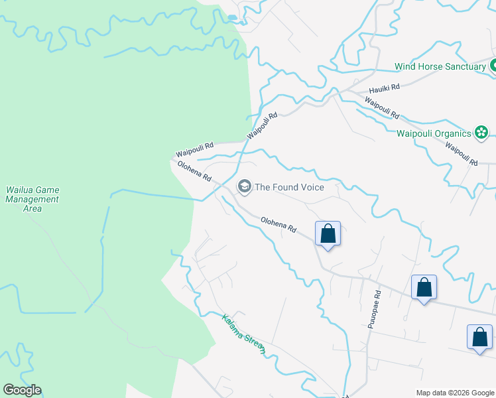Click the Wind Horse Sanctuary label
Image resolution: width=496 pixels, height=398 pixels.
(x=440, y=66)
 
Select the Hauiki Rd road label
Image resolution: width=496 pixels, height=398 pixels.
(x=385, y=88)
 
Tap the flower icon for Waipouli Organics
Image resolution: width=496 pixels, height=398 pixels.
(x=482, y=133)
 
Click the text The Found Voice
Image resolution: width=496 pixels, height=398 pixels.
(x=290, y=187)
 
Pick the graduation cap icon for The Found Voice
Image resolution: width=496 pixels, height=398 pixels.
(x=245, y=187)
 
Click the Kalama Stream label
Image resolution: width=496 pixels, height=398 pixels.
(x=243, y=334)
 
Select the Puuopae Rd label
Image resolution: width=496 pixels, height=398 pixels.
(x=375, y=309)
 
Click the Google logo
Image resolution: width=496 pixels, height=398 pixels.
(x=22, y=390)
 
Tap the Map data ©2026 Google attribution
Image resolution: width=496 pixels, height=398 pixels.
(x=454, y=393)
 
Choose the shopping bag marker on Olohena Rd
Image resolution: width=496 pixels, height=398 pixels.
(x=328, y=233)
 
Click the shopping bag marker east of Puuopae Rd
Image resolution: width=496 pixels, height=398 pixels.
(x=424, y=287)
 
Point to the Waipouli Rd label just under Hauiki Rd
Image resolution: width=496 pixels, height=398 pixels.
(x=382, y=108)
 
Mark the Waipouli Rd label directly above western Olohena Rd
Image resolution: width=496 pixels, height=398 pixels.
(x=195, y=150)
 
